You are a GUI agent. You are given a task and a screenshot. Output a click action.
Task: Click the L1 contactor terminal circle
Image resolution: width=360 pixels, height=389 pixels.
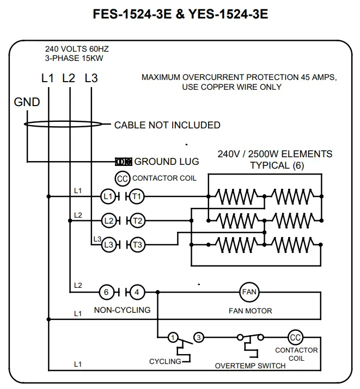108,196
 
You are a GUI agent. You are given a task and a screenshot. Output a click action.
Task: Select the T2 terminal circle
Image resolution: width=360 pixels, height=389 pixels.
137,220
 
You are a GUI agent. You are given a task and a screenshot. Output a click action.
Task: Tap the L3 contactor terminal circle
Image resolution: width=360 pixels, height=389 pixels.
109,245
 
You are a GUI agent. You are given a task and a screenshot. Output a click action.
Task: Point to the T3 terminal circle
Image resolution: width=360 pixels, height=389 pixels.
137,245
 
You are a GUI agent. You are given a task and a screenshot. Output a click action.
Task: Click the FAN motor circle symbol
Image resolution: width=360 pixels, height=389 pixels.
248,292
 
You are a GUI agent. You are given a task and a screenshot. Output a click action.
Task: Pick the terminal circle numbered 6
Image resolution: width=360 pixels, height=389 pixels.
107,292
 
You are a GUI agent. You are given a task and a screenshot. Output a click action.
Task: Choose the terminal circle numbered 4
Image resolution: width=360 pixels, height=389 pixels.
137,292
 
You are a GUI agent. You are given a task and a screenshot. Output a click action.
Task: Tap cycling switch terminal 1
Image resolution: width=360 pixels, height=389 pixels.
172,338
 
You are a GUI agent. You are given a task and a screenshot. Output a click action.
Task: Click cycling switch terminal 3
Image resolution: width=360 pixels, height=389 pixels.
199,338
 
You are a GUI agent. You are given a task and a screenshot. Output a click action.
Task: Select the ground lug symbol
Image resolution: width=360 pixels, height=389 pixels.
123,162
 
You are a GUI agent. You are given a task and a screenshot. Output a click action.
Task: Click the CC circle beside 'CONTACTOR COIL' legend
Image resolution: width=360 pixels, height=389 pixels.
123,178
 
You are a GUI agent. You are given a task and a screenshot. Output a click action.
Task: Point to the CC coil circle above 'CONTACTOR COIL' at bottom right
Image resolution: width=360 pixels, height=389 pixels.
295,338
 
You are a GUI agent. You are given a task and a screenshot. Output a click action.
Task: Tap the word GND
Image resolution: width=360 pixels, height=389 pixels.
27,102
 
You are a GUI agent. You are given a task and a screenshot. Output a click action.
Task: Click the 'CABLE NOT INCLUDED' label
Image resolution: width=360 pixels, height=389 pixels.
167,125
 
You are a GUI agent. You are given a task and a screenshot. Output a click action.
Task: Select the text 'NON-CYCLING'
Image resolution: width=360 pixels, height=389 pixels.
122,310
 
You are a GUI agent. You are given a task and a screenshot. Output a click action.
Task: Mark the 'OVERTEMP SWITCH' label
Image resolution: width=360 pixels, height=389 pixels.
250,366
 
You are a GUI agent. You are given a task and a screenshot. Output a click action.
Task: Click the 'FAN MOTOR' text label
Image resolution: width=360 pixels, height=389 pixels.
250,311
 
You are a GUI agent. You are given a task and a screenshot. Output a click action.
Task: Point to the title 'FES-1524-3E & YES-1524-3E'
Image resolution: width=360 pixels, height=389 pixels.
180,15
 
